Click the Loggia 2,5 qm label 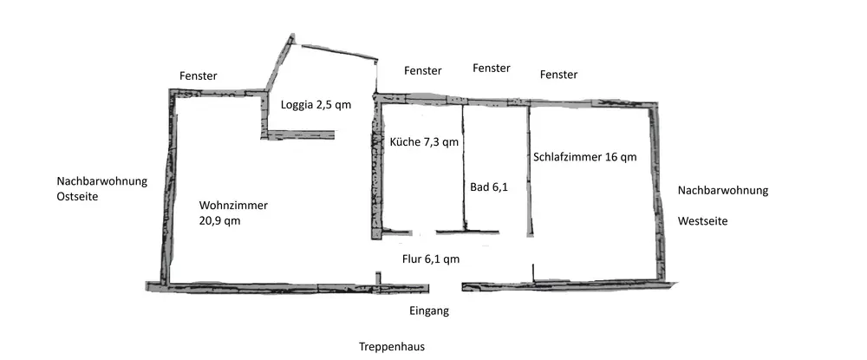pyautogui.click(x=316, y=106)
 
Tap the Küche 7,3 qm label pyautogui.click(x=424, y=141)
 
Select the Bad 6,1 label pyautogui.click(x=489, y=186)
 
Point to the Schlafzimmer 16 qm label pyautogui.click(x=585, y=157)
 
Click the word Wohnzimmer pyautogui.click(x=233, y=206)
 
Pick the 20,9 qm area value pyautogui.click(x=219, y=220)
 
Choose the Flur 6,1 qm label pyautogui.click(x=430, y=259)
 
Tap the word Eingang pyautogui.click(x=428, y=310)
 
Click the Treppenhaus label pyautogui.click(x=392, y=347)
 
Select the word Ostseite pyautogui.click(x=78, y=197)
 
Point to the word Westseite pyautogui.click(x=702, y=221)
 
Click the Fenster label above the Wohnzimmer pyautogui.click(x=198, y=76)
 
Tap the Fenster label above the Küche pyautogui.click(x=422, y=70)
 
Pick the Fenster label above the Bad pyautogui.click(x=491, y=68)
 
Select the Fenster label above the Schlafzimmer pyautogui.click(x=558, y=75)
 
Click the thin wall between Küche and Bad pyautogui.click(x=463, y=165)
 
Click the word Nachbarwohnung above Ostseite pyautogui.click(x=102, y=181)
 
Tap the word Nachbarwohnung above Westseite pyautogui.click(x=723, y=190)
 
